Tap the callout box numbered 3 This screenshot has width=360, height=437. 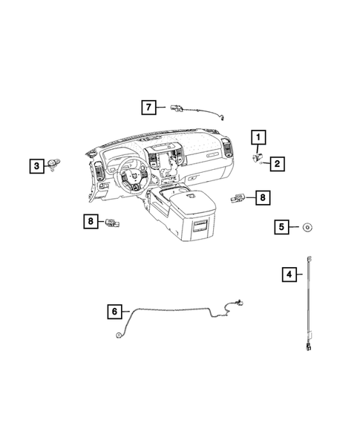(36, 166)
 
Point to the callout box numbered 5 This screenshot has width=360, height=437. (281, 227)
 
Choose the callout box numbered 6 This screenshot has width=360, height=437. (114, 312)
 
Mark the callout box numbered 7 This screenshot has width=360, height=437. (148, 108)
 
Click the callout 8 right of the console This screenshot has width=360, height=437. (261, 197)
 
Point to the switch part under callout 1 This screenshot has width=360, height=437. (258, 157)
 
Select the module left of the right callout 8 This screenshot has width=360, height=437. (238, 197)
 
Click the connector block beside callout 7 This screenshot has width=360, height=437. (178, 108)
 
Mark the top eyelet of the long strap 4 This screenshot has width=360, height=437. (307, 257)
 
